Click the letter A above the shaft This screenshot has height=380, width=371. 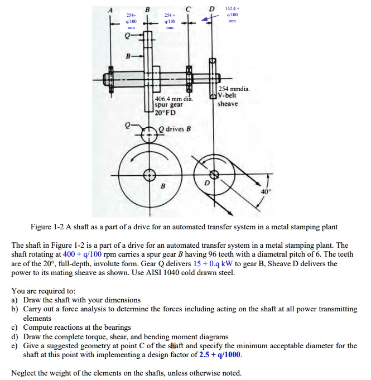[x=110, y=9]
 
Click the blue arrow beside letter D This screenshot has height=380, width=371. [x=211, y=18]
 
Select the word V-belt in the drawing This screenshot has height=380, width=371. [x=228, y=96]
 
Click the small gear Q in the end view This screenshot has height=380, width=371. [x=149, y=134]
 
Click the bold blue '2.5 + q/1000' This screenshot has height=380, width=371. [x=222, y=354]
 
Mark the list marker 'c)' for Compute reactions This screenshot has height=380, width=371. [x=15, y=327]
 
